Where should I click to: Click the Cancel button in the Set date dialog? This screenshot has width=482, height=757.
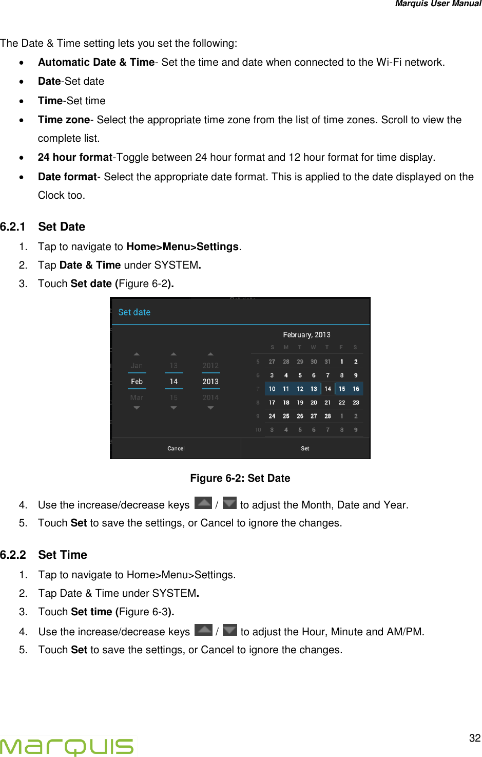(176, 448)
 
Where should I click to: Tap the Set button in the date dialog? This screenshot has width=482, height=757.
(305, 448)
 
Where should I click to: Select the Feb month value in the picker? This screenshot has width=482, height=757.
(137, 382)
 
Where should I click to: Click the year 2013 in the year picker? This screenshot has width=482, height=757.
(210, 382)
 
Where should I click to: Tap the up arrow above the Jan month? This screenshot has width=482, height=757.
(137, 354)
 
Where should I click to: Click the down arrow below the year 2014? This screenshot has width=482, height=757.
(210, 408)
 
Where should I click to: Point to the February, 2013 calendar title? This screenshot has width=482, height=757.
(306, 334)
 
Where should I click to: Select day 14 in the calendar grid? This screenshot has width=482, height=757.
(327, 389)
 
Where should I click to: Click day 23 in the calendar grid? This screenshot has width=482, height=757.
(356, 403)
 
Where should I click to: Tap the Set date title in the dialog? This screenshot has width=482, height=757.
(134, 312)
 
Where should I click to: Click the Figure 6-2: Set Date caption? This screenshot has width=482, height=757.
(240, 478)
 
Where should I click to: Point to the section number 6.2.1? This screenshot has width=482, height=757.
(13, 226)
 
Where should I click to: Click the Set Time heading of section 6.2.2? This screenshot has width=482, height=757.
(63, 555)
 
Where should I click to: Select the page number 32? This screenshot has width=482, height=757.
(475, 738)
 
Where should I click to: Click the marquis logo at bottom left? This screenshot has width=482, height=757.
(67, 746)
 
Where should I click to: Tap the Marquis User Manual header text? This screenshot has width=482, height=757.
(438, 4)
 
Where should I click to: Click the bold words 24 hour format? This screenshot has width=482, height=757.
(75, 157)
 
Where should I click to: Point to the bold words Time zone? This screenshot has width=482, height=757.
(64, 120)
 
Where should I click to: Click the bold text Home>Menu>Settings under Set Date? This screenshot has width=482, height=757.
(182, 247)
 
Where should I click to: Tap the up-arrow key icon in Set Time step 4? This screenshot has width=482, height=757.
(204, 630)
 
